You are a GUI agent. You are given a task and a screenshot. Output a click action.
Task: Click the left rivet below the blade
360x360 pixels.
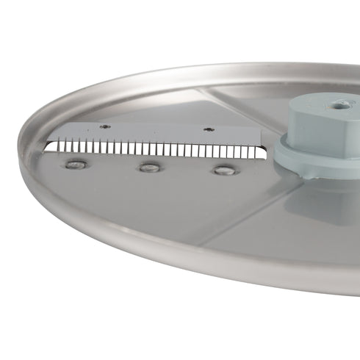point(74,165)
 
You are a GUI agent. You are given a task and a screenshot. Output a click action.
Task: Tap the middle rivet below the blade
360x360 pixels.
point(149,168)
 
